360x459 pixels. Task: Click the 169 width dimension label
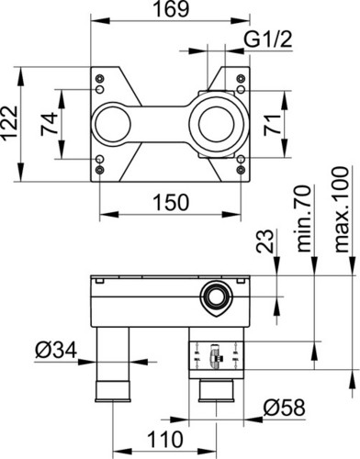click(171, 9)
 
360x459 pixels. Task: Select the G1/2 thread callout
click(268, 39)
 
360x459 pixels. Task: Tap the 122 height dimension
click(9, 124)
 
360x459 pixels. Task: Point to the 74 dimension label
click(49, 124)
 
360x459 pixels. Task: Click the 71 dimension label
click(273, 124)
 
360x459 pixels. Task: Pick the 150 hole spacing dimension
click(171, 202)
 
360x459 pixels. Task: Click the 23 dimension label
click(264, 241)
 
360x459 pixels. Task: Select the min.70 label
click(304, 218)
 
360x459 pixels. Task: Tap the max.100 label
click(342, 209)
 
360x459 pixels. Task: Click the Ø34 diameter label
click(56, 350)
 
